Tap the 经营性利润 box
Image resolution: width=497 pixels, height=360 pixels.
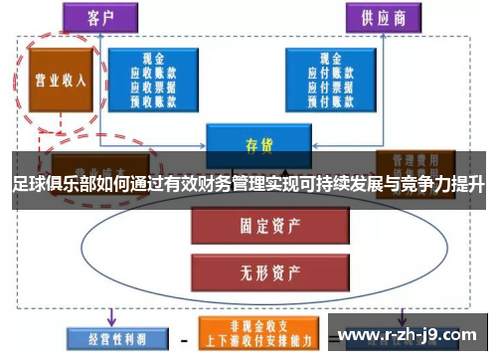[x=106, y=335]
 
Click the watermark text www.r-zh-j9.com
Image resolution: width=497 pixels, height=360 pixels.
[x=409, y=336]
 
